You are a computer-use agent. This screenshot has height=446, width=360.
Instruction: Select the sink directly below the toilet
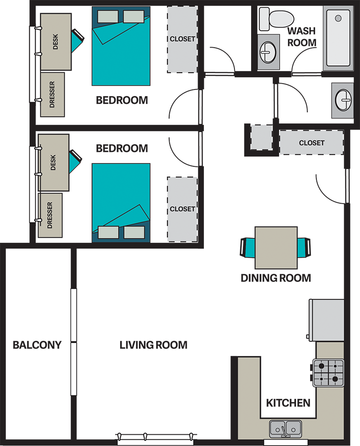tap(268, 52)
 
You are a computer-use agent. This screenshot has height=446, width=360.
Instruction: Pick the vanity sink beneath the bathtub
tap(342, 100)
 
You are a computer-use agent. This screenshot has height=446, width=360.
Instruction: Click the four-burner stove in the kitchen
tap(328, 373)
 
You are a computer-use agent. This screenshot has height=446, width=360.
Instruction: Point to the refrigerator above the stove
tap(327, 320)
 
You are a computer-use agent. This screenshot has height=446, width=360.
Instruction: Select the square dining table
tap(276, 248)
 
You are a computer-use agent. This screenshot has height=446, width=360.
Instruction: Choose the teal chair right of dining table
tap(301, 248)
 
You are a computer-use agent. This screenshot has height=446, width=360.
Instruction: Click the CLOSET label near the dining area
tap(311, 143)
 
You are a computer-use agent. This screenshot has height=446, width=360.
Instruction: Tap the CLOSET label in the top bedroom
tap(182, 39)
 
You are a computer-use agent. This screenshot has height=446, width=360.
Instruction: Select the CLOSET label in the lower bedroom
tap(182, 209)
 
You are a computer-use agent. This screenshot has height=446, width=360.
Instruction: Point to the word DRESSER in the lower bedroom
tap(49, 215)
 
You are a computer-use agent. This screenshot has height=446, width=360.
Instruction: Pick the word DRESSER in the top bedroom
tap(52, 95)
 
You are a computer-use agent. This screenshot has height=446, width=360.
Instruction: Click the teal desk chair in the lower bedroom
tap(74, 161)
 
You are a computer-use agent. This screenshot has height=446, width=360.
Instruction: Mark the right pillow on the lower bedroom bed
tap(134, 232)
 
